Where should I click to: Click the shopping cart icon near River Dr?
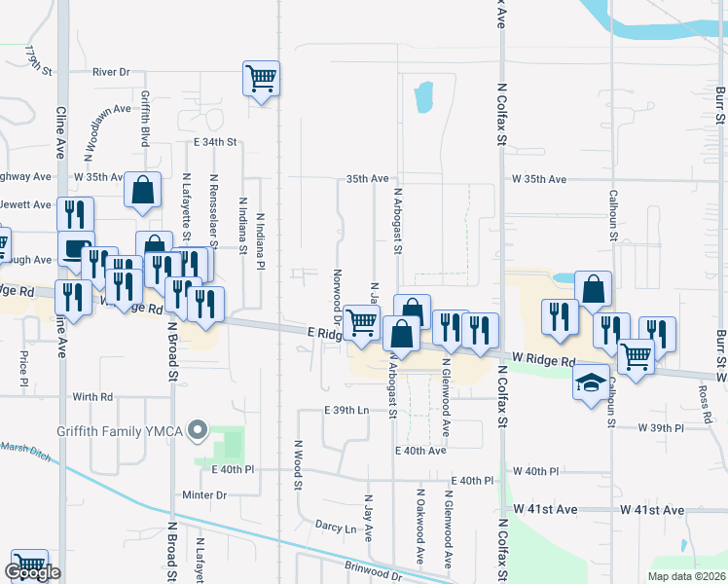tap(261, 77)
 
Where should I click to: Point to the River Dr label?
tap(111, 72)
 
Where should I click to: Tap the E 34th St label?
tap(214, 142)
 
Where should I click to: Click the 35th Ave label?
tap(368, 179)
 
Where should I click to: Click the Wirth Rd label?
tap(92, 397)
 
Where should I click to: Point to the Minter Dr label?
tap(204, 495)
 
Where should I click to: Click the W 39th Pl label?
tap(662, 428)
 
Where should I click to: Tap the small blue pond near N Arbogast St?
tap(423, 97)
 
